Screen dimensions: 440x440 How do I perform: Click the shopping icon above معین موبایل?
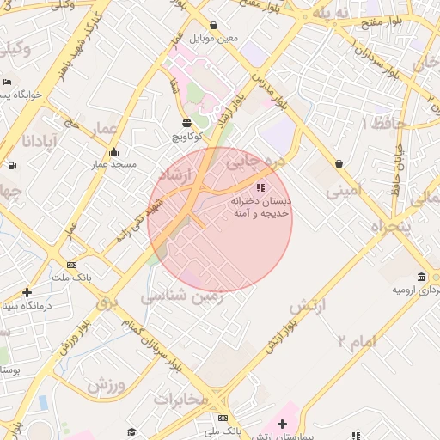click(213, 26)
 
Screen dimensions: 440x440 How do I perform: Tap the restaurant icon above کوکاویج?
click(187, 123)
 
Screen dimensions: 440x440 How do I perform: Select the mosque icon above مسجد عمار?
click(113, 152)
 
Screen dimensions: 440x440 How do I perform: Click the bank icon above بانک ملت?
click(71, 266)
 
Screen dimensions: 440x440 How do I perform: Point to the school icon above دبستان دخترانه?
click(260, 186)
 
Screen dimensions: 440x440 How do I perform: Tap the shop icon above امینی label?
click(339, 163)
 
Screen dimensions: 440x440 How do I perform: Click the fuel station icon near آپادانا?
click(10, 166)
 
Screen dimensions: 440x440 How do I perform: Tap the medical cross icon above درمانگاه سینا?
click(27, 293)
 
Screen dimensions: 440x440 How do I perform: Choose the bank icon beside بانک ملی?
click(223, 419)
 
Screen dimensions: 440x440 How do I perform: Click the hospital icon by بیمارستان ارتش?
click(282, 424)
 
